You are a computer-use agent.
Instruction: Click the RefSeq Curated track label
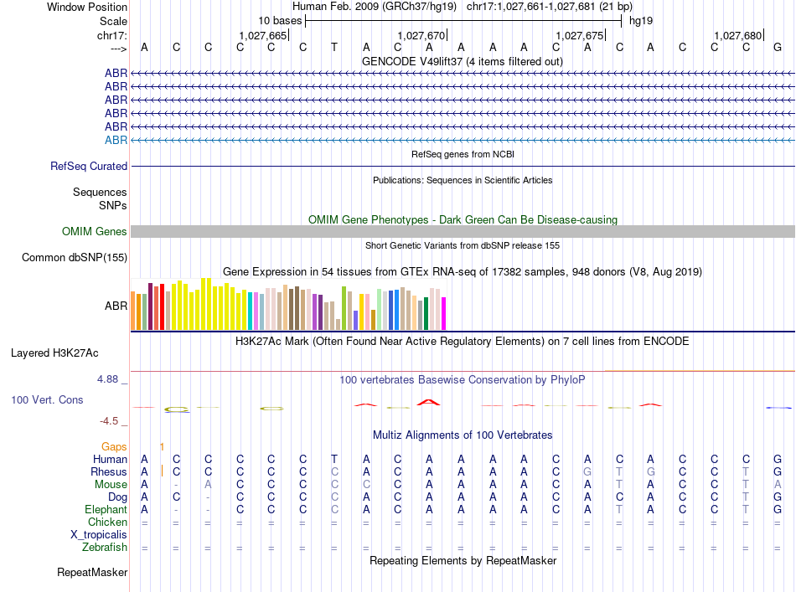89,167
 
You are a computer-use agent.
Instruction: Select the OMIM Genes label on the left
95,232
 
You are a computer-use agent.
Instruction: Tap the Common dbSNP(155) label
75,257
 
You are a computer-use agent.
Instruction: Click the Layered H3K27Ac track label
54,353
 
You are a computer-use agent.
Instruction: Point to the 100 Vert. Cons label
47,400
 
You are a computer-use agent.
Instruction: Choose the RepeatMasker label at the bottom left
92,573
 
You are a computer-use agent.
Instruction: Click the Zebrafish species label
105,548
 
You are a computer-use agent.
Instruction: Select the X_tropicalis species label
99,534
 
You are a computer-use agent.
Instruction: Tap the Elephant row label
106,509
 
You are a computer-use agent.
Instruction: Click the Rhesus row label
109,471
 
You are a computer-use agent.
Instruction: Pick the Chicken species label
107,522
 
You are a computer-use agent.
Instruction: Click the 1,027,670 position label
422,35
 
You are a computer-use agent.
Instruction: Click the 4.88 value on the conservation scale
109,378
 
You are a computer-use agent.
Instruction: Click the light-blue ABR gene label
116,140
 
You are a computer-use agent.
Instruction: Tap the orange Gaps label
114,446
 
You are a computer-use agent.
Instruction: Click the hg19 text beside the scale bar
641,20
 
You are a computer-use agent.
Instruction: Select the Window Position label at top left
87,7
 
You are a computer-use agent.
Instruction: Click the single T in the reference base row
334,47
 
